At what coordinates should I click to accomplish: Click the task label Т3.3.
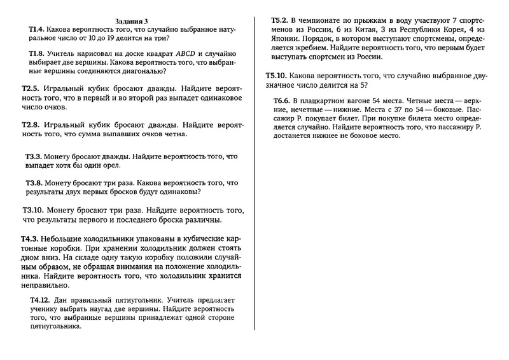(x=33, y=156)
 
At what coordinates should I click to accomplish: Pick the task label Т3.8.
(x=33, y=182)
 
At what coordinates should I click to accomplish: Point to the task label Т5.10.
(x=276, y=76)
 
